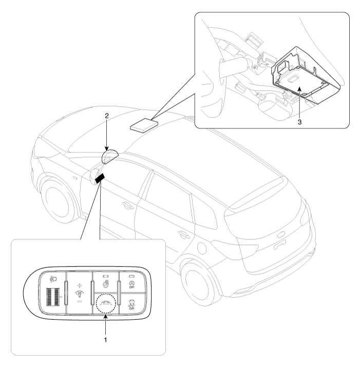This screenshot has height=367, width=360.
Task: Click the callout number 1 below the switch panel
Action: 105,340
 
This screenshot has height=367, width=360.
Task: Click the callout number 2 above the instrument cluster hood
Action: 107,115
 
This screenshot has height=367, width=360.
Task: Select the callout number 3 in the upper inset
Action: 299,122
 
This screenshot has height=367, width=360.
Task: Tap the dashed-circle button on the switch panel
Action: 106,303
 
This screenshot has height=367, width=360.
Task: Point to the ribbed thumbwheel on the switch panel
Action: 53,297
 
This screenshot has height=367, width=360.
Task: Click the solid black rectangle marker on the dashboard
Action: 100,179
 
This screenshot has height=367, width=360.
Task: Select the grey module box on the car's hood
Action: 144,125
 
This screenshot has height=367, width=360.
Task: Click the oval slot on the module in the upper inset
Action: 293,80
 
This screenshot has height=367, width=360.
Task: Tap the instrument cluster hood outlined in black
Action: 110,157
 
